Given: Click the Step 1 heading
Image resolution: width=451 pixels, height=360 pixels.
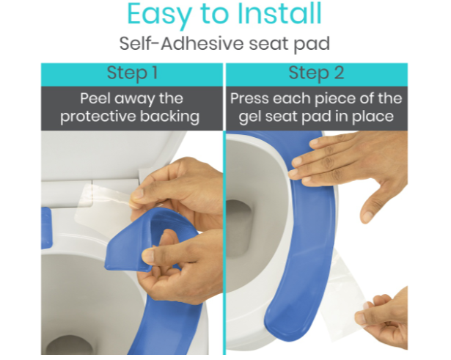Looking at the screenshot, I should pyautogui.click(x=132, y=73).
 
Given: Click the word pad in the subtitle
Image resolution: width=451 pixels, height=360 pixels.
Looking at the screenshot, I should pyautogui.click(x=312, y=44).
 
